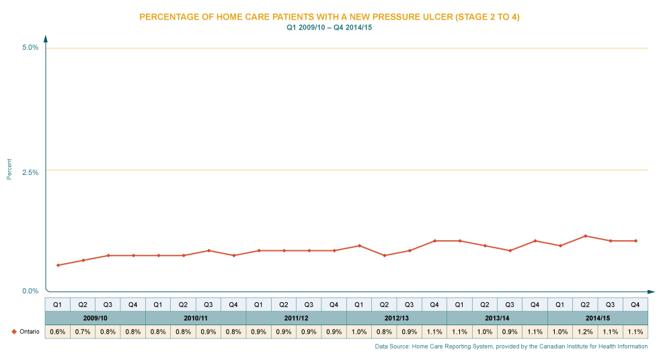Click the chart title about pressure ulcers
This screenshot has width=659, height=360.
click(x=329, y=17)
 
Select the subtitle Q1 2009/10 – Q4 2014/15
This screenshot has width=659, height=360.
click(x=329, y=28)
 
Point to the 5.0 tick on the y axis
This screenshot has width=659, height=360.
click(x=31, y=48)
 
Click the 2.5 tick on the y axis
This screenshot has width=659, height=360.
click(x=31, y=171)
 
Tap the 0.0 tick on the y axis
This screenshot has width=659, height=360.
click(x=31, y=289)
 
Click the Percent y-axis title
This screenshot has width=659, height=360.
click(x=9, y=169)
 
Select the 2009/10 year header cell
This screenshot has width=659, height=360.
click(x=95, y=318)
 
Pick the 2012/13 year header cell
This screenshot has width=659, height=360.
click(x=397, y=318)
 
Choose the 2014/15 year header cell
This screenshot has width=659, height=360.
click(x=598, y=318)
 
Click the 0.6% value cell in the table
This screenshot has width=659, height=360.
click(x=57, y=332)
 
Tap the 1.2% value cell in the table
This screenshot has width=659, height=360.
click(x=585, y=332)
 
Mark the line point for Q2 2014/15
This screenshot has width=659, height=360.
click(x=585, y=236)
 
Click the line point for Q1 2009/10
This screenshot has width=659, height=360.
click(x=57, y=265)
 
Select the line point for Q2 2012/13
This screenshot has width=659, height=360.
click(x=384, y=255)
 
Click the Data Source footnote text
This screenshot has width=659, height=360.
click(x=511, y=346)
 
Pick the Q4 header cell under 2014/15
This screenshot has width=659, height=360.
click(x=635, y=304)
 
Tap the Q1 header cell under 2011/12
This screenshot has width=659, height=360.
click(x=258, y=304)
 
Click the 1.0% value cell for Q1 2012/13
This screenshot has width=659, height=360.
click(x=359, y=332)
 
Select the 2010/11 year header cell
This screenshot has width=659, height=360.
click(x=196, y=318)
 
